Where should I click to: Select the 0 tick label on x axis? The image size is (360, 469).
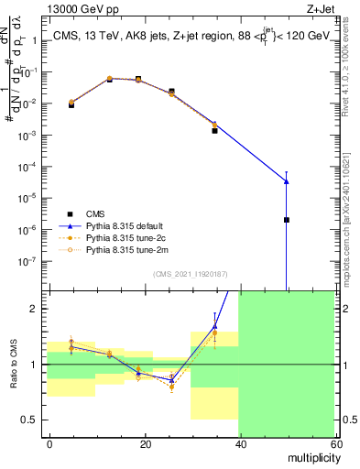pos(49,442)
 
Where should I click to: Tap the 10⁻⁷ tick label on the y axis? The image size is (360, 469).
pos(30,260)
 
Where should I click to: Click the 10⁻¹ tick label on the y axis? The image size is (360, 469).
pos(30,72)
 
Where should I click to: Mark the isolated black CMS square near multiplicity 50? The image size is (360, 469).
pos(287,220)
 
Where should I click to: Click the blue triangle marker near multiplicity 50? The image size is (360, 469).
pos(287,180)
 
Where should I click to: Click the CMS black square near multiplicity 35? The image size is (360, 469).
pos(214,131)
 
